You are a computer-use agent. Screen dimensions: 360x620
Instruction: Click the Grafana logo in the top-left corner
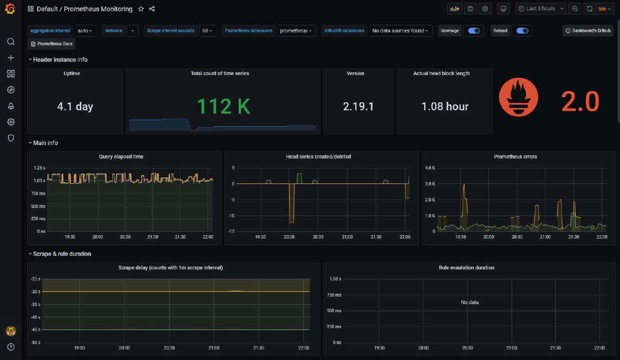10,9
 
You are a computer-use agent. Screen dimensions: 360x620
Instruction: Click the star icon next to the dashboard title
141,9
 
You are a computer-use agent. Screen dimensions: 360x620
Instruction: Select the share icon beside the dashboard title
152,9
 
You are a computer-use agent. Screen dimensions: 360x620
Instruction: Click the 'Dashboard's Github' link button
588,31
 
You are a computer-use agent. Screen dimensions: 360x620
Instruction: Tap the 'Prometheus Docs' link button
51,44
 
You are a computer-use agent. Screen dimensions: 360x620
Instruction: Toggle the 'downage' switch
473,31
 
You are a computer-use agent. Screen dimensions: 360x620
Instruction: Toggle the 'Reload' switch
522,31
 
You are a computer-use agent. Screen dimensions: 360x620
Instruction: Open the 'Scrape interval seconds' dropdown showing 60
208,31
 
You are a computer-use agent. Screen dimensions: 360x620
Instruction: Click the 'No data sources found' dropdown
400,31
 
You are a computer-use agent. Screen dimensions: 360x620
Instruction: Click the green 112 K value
223,107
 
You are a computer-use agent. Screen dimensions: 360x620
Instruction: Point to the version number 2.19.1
358,107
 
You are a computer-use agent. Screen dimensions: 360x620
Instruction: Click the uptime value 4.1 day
75,107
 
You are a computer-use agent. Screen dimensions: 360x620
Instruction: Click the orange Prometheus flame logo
518,98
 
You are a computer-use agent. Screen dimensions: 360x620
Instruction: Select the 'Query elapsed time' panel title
121,157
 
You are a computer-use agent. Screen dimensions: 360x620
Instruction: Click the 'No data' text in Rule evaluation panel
470,303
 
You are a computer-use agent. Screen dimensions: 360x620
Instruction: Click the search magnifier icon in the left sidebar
11,42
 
